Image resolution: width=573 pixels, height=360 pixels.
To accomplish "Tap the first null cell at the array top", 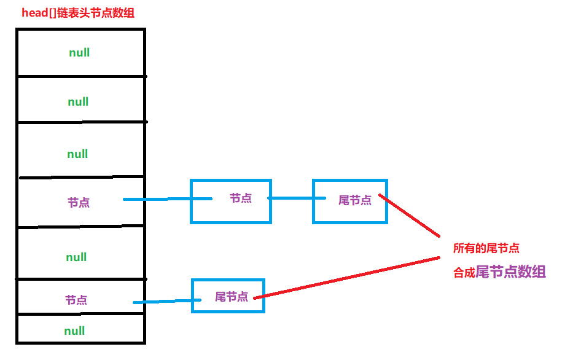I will tap(80, 53).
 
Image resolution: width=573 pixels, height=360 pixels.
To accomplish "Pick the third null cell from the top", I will tap(78, 154).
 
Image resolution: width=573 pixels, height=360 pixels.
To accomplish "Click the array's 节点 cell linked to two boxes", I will tap(79, 202).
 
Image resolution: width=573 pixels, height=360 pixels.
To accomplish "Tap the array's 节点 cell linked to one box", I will tap(76, 300).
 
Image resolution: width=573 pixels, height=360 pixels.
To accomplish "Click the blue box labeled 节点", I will tap(230, 200).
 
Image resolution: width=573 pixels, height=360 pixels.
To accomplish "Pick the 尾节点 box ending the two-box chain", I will tap(350, 201).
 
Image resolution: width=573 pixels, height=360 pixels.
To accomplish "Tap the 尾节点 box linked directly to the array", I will tap(228, 295).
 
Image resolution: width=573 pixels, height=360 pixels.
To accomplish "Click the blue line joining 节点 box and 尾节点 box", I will tap(292, 198).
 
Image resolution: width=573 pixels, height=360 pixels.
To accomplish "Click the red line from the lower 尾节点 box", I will tap(350, 278).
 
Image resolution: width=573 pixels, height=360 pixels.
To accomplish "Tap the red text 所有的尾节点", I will tap(486, 249).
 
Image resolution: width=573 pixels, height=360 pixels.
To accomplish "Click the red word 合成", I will tap(464, 273).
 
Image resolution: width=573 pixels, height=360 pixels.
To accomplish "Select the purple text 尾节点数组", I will tap(511, 272).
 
